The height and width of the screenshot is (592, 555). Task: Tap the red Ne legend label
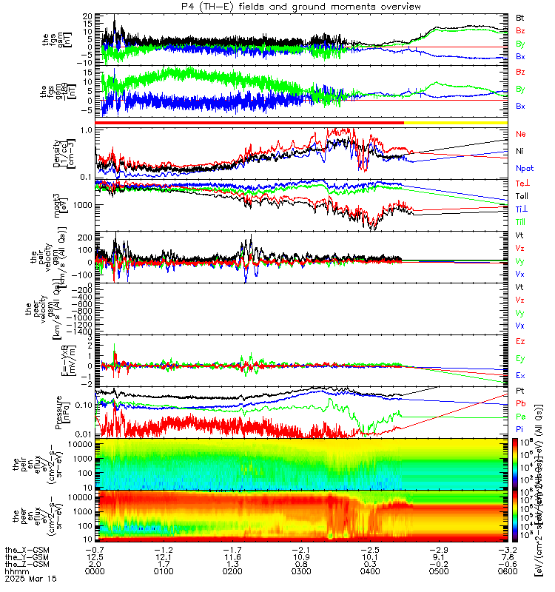coord(520,134)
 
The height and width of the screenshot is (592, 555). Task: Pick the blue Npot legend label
coord(524,168)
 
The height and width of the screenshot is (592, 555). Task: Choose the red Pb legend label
coord(520,403)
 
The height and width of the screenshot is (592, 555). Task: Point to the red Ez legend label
coord(520,341)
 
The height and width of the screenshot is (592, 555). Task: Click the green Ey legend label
coord(520,358)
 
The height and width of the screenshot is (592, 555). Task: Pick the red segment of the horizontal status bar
coord(252,122)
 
